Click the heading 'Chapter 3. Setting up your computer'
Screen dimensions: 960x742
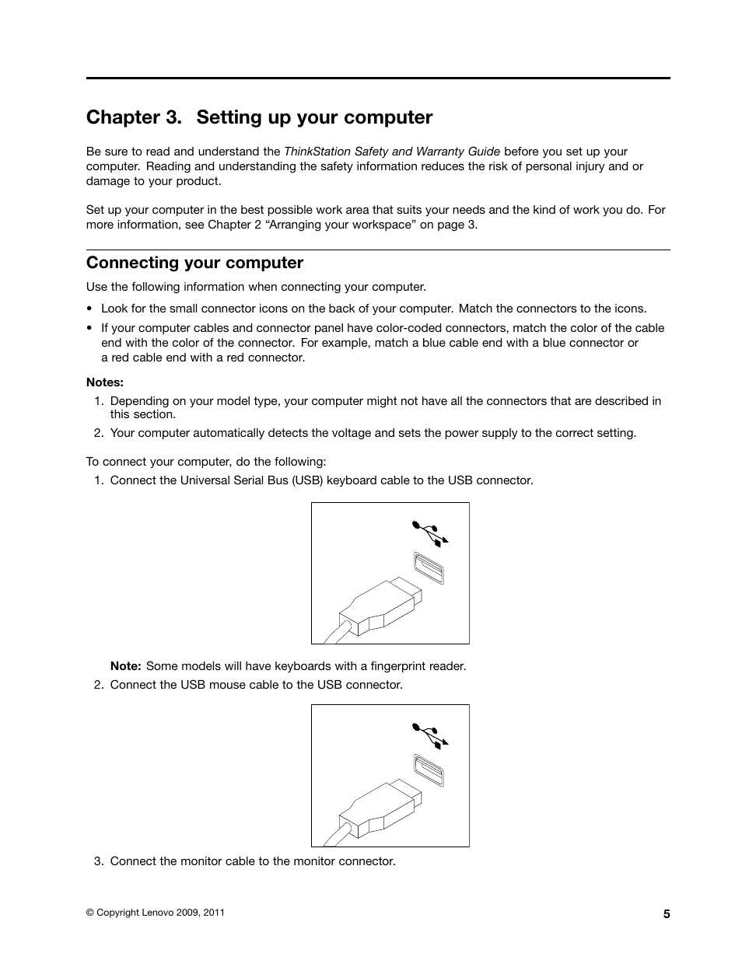pos(259,117)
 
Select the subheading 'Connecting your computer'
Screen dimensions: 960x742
pos(194,262)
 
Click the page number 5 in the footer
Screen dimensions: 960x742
pos(667,914)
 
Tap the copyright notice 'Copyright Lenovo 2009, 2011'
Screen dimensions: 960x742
pos(156,913)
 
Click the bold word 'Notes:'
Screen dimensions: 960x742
pos(105,382)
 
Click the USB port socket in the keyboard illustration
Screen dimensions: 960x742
pos(429,567)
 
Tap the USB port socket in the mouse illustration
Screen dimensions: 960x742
pos(429,770)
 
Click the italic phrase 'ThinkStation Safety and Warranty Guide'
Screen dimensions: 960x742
pos(391,152)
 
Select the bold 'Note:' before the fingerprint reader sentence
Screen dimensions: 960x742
pos(125,666)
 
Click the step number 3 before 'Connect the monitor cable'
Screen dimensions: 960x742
pos(99,861)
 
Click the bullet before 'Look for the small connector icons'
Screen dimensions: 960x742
pos(90,309)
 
